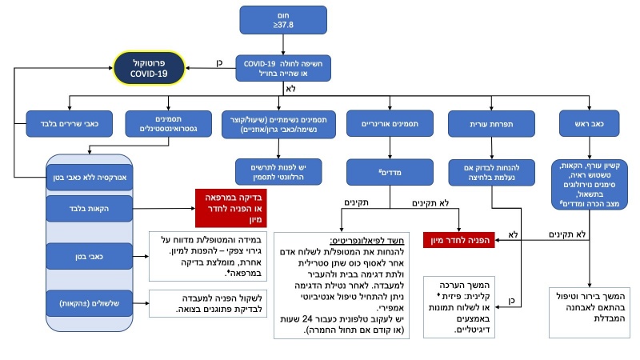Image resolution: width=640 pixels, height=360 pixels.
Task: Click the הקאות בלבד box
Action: click(84, 208)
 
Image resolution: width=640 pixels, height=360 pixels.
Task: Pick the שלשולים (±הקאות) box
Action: click(84, 304)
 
